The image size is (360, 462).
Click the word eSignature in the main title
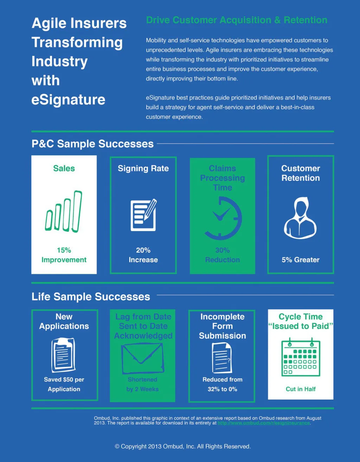(x=69, y=100)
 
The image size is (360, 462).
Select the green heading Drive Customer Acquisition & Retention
(x=237, y=20)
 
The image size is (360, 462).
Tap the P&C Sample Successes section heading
(x=92, y=144)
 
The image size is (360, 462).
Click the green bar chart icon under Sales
(x=64, y=212)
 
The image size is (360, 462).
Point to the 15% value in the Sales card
(x=64, y=250)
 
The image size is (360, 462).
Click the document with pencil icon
(x=143, y=215)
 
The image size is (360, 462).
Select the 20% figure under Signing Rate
(x=143, y=250)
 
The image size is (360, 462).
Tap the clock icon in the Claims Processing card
(x=223, y=218)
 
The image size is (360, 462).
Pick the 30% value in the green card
(x=223, y=250)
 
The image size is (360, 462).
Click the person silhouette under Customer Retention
(x=301, y=218)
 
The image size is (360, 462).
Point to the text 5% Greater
(x=301, y=260)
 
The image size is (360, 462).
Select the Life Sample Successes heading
(x=91, y=297)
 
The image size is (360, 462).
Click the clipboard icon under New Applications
(x=63, y=355)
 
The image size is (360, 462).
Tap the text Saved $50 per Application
(x=64, y=384)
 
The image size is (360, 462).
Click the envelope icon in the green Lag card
(x=142, y=358)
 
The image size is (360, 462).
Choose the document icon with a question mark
(x=222, y=358)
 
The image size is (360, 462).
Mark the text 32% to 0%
(x=223, y=389)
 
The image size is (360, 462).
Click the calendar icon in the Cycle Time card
(x=301, y=358)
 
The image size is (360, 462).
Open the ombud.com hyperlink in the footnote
(x=264, y=423)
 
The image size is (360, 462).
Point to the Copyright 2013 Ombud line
(x=183, y=447)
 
